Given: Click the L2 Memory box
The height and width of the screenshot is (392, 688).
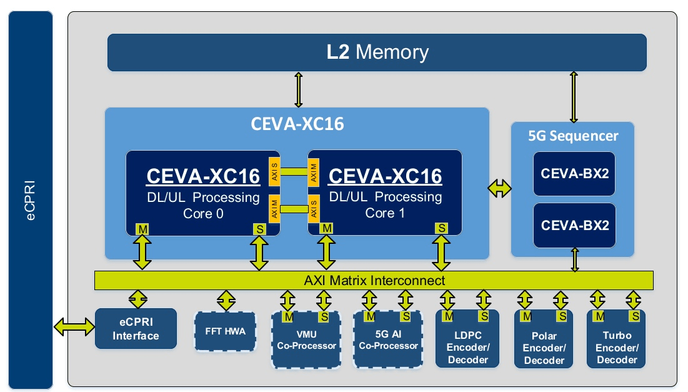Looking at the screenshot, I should [x=377, y=53].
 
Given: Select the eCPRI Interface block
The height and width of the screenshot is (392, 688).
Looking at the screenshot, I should [x=136, y=329].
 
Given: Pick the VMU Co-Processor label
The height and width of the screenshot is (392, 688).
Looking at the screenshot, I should [x=306, y=341].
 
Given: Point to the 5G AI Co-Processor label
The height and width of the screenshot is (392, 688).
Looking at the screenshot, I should [x=388, y=341].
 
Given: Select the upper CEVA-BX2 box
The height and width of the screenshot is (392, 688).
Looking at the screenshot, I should [x=574, y=173].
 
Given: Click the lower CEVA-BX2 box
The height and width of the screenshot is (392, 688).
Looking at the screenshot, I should [x=574, y=225].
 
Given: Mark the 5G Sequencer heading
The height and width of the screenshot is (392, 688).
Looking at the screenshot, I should [x=573, y=136].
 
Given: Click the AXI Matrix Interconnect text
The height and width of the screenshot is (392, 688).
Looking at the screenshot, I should [x=374, y=280].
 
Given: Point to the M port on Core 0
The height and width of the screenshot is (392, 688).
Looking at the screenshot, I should [x=143, y=229].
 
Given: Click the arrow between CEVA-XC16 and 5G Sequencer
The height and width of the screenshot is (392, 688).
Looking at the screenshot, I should [x=499, y=189].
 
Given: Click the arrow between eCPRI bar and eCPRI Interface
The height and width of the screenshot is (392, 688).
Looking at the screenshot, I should [x=74, y=326].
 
